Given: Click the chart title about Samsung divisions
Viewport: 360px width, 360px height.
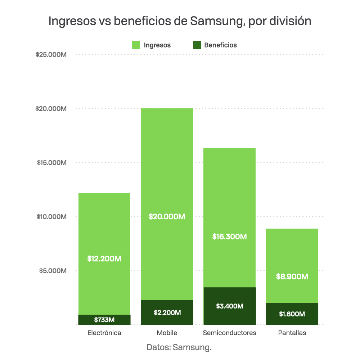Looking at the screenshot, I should click(x=180, y=21).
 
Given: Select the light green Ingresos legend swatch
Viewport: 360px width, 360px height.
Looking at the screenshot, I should click(x=136, y=45).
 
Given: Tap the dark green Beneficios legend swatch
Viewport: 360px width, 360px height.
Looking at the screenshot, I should click(x=197, y=45).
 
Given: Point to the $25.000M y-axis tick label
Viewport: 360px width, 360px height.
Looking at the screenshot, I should click(x=51, y=55).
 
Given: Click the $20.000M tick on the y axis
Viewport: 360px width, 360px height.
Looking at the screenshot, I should click(x=51, y=109).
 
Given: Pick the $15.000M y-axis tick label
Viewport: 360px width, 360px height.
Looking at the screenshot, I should click(x=52, y=163).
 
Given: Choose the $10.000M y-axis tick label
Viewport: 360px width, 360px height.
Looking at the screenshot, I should click(x=52, y=217).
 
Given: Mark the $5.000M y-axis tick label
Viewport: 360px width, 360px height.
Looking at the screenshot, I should click(x=53, y=271).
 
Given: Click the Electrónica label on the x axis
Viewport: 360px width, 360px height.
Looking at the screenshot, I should click(x=104, y=333).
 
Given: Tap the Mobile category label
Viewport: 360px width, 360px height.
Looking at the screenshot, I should click(x=167, y=333).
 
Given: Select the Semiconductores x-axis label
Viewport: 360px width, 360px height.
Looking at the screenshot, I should click(x=230, y=333).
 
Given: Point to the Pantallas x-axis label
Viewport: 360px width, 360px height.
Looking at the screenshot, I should click(x=292, y=333).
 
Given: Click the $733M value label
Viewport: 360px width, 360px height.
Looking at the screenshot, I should click(x=104, y=320).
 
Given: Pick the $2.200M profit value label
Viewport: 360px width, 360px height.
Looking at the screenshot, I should click(x=167, y=312).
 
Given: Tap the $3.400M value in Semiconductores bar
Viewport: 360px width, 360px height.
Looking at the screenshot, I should click(x=230, y=306).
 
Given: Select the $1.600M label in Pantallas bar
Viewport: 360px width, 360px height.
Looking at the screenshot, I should click(x=292, y=314).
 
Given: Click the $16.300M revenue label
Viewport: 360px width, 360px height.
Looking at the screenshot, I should click(x=230, y=237).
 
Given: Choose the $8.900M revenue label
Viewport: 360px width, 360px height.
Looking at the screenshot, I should click(x=292, y=277).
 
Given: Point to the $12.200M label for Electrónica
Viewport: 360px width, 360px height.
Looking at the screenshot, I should click(x=104, y=259).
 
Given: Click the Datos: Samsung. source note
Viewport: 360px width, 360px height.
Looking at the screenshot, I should click(x=179, y=347).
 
